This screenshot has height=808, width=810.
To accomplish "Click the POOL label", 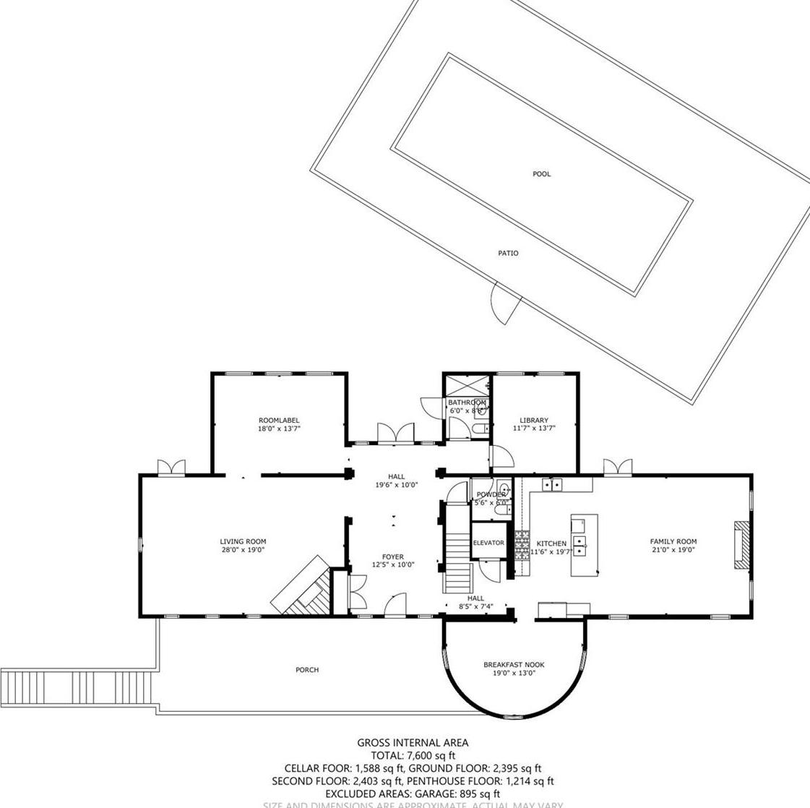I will (541, 174).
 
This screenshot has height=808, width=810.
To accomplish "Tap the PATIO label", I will (508, 254).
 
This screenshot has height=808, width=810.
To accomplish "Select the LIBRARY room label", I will (534, 420).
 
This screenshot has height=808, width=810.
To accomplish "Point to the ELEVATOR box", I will (488, 543).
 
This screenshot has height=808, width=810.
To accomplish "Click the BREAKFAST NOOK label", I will (514, 665).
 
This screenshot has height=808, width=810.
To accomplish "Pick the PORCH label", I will (307, 670).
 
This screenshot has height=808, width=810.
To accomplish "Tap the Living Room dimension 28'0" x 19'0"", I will (243, 550).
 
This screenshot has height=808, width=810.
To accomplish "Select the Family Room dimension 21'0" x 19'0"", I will (673, 550).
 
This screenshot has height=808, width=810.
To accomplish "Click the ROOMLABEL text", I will (278, 421).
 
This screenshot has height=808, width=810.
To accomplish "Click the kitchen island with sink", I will (584, 545).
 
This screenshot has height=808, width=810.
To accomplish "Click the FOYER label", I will (393, 557).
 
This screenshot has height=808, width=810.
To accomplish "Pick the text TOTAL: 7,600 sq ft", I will (413, 756).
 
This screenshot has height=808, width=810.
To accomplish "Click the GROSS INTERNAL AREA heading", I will (413, 743).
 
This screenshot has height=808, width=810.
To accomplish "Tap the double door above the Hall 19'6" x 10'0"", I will (395, 433).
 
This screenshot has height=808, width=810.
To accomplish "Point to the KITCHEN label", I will (551, 543).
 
